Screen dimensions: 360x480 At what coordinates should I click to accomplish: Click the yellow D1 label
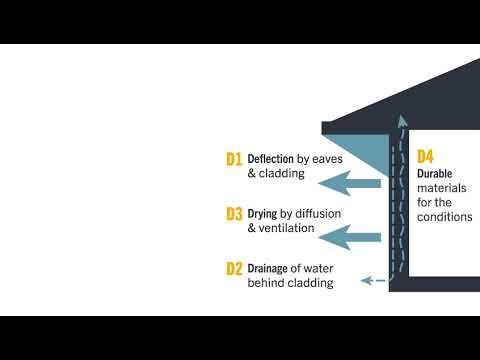(235, 158)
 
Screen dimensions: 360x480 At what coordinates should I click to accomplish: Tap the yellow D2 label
(235, 268)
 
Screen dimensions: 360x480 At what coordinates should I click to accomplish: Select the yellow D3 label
(235, 213)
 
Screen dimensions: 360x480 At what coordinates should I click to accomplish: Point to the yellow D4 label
(426, 156)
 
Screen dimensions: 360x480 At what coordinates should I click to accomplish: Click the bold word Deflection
(274, 158)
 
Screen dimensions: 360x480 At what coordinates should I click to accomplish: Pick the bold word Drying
(264, 213)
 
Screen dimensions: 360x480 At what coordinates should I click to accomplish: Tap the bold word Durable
(436, 173)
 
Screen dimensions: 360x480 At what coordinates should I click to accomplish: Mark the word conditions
(445, 216)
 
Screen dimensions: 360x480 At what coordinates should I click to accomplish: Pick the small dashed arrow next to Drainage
(372, 281)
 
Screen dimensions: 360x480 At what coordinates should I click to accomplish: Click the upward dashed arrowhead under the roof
(402, 122)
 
